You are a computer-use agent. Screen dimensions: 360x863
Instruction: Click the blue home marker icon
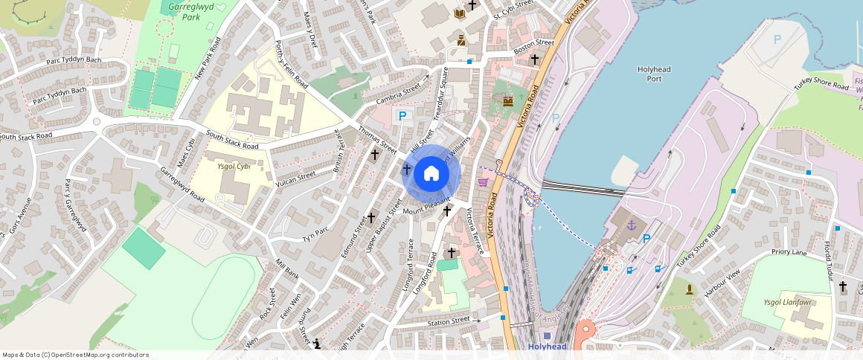(431, 175)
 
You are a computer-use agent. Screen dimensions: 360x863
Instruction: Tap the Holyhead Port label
(654, 74)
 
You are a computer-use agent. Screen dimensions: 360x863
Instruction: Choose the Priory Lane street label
(789, 252)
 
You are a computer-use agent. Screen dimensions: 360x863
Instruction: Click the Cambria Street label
(398, 97)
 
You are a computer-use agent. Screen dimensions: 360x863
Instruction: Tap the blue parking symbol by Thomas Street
(402, 115)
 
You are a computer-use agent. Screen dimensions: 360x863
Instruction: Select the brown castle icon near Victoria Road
(508, 100)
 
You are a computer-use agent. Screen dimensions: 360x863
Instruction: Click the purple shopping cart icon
(483, 181)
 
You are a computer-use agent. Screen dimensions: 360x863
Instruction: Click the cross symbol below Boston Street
(534, 59)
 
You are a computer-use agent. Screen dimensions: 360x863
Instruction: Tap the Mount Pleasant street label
(427, 206)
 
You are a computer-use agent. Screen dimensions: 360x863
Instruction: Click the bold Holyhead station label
(547, 347)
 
